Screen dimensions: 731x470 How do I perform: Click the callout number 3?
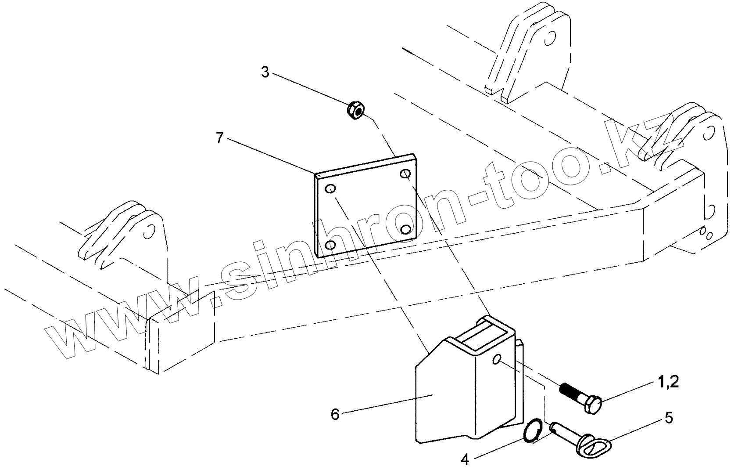click(265, 72)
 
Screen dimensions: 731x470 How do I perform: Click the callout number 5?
click(669, 418)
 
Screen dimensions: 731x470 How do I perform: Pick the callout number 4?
click(465, 459)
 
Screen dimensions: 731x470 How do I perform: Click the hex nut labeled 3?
click(355, 110)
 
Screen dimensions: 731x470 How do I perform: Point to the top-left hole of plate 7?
click(330, 189)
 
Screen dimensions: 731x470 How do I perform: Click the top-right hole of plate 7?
click(405, 174)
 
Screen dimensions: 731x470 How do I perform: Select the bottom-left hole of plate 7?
click(331, 244)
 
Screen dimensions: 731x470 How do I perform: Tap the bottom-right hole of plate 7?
click(406, 229)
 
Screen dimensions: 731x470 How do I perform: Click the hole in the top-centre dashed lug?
click(548, 40)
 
